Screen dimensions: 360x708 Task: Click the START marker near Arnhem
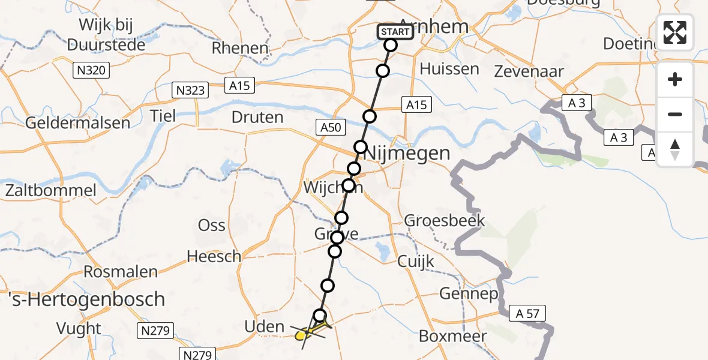tap(395, 32)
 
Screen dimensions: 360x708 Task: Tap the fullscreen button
tap(675, 32)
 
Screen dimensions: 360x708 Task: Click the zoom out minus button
tap(675, 114)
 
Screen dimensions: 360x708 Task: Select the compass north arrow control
tap(675, 149)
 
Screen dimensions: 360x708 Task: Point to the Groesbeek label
tap(444, 220)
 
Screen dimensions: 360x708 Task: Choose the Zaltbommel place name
tap(50, 191)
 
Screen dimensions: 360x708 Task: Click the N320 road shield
tap(91, 71)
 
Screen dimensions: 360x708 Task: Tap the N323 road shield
tap(191, 91)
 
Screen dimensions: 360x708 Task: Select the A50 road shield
tap(329, 127)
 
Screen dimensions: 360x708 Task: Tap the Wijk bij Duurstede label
tap(106, 35)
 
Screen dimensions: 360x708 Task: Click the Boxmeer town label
tap(453, 336)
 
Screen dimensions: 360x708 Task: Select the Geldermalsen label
tap(77, 123)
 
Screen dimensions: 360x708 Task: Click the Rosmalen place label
tap(121, 271)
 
